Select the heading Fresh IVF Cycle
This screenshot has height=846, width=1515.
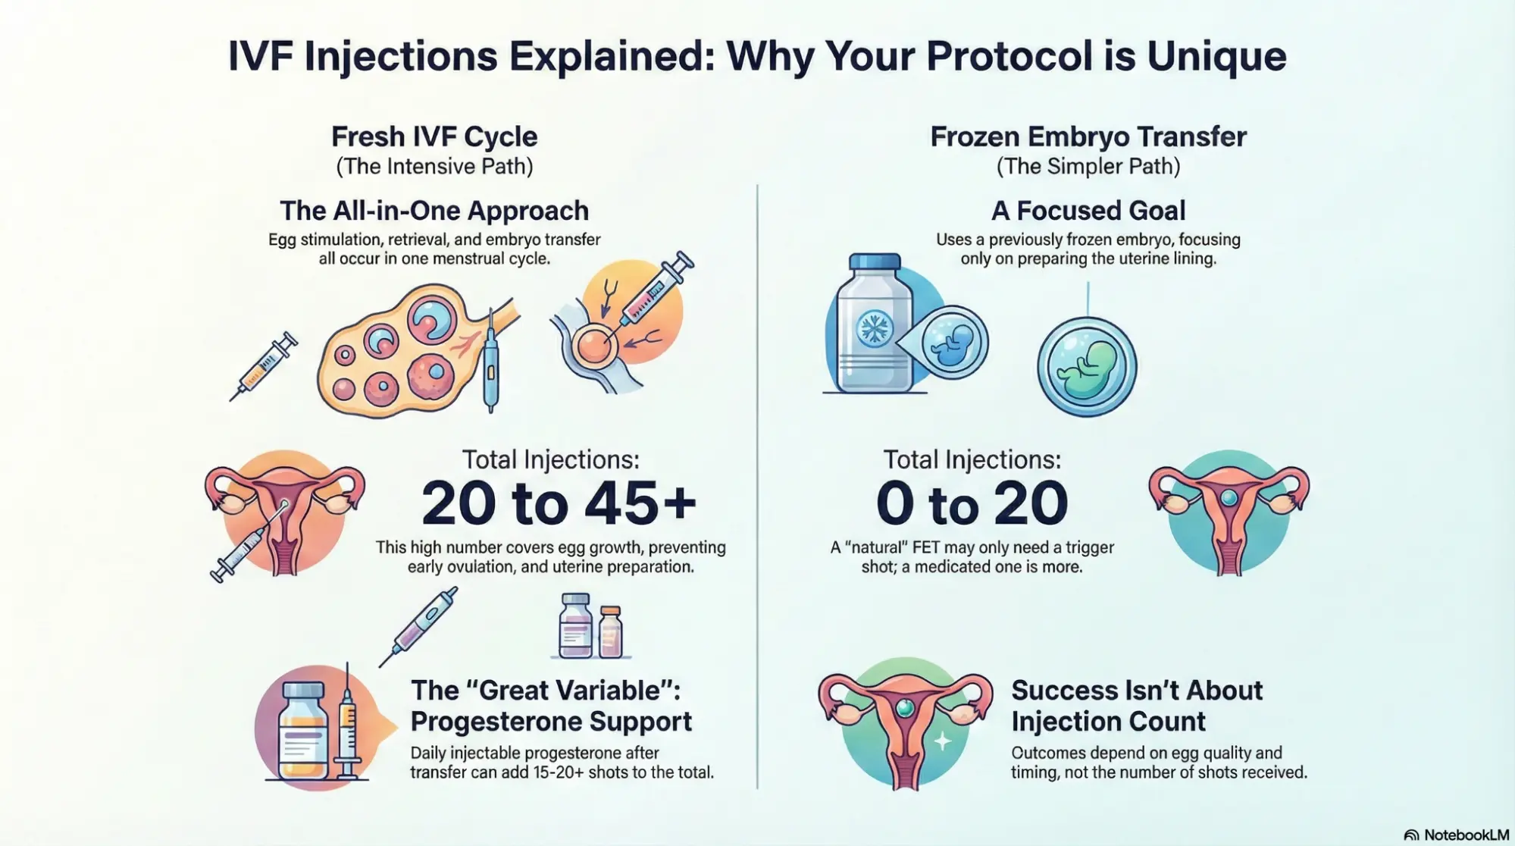coord(434,136)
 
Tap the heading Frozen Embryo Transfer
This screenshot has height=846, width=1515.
coord(1088,136)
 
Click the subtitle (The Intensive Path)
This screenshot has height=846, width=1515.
coord(434,166)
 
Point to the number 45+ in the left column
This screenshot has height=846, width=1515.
coord(640,503)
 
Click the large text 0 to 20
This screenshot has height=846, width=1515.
coord(972,503)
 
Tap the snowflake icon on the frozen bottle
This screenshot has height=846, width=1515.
coord(874,329)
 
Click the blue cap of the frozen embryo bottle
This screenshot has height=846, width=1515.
coord(875,262)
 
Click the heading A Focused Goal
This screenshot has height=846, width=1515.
coord(1088,210)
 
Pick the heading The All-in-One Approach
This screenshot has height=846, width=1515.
coord(434,210)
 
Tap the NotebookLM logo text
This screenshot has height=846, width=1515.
coord(1465,835)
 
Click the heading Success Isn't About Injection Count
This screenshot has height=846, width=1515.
coord(1136,705)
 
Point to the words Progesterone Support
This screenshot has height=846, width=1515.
coord(551,721)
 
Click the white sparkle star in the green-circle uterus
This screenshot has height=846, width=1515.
coord(942,741)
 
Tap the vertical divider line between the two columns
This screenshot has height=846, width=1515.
coord(757,485)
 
